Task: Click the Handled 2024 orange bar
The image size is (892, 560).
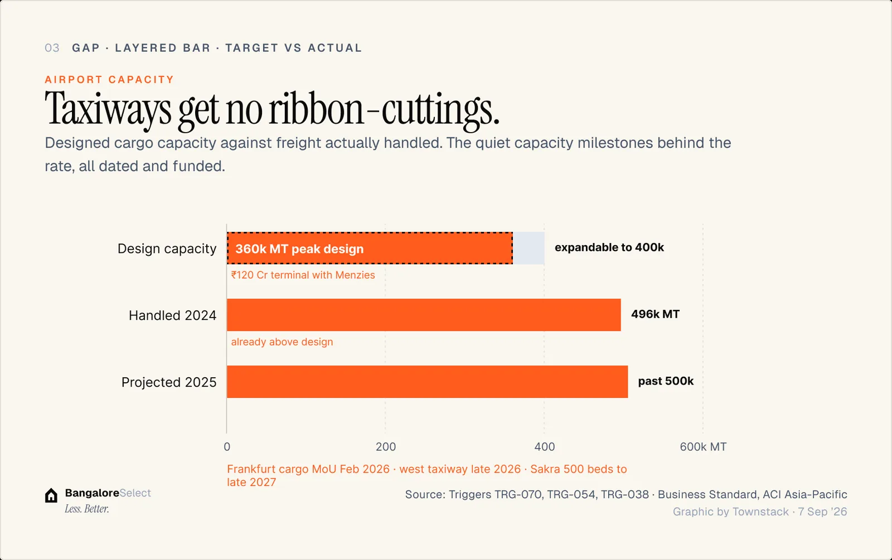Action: (424, 315)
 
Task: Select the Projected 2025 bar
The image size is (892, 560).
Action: (427, 382)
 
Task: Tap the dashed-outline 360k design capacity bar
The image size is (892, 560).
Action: (370, 248)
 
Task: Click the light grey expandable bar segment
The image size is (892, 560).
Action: (529, 248)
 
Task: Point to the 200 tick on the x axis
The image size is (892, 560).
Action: (385, 447)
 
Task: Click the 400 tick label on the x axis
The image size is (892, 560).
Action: (544, 447)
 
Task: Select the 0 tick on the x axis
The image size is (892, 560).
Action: (227, 447)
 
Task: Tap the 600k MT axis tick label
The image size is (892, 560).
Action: (703, 447)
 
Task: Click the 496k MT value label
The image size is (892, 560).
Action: (656, 314)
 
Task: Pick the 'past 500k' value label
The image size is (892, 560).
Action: (666, 381)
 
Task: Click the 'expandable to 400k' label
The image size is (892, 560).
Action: (609, 247)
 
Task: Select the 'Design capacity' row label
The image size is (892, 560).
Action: (167, 249)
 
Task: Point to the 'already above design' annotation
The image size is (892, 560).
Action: (282, 342)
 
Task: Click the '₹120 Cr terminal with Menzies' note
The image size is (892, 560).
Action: (303, 275)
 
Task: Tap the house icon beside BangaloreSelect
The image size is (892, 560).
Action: (51, 495)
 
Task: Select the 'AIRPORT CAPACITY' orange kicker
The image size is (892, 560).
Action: (109, 80)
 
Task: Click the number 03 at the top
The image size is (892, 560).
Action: (52, 48)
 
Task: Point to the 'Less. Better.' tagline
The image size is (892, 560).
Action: (87, 509)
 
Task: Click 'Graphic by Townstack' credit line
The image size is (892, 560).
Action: (731, 512)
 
